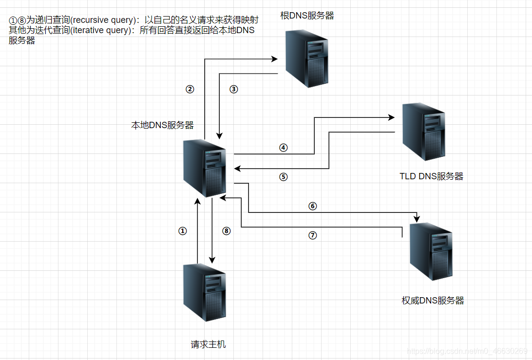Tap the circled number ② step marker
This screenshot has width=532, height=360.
[x=190, y=89]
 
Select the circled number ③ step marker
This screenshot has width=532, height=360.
[x=233, y=89]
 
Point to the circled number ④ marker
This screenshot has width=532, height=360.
[x=283, y=148]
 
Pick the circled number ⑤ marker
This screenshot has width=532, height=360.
[x=283, y=177]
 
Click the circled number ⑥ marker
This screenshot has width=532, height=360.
[x=313, y=206]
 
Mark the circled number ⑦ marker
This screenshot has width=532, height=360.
[x=313, y=235]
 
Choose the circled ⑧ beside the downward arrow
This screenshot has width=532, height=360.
[x=226, y=231]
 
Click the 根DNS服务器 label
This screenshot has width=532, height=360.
[x=307, y=16]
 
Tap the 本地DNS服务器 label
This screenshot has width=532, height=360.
[x=162, y=125]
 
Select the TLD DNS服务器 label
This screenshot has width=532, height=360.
[x=431, y=176]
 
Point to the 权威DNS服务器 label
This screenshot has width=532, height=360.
[x=433, y=301]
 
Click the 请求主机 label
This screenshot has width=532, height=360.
[x=208, y=344]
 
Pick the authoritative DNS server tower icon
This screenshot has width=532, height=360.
[x=431, y=251]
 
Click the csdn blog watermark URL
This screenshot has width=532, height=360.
[x=467, y=351]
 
